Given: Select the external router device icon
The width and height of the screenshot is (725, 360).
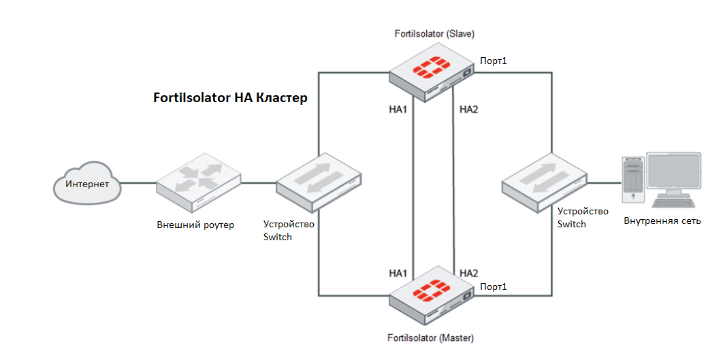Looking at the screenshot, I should pos(197,184).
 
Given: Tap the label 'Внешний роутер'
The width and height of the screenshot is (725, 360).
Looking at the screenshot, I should pos(195,225).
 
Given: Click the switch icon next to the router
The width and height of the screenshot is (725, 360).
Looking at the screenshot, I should pos(319,178).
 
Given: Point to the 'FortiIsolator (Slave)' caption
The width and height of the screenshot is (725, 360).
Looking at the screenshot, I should pos(434,33).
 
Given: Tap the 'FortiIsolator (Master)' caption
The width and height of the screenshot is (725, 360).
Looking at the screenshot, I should pos(430,338).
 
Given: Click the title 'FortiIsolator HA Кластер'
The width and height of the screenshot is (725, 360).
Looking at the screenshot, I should pos(231,98).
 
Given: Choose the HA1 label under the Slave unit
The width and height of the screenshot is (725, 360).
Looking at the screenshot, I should pos(398,110).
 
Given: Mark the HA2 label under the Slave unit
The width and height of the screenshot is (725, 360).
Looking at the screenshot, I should pos(469,110).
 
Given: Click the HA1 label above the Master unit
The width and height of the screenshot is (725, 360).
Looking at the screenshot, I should pos(398,274).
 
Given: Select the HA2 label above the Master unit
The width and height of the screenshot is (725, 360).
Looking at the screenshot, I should pos(469,274).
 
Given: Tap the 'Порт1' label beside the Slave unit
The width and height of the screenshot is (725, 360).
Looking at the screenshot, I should pos(494,61).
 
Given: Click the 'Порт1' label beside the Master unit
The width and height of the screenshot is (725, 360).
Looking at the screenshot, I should pos(494,287).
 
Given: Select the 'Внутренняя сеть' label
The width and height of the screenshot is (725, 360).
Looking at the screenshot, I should pos(662,221).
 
